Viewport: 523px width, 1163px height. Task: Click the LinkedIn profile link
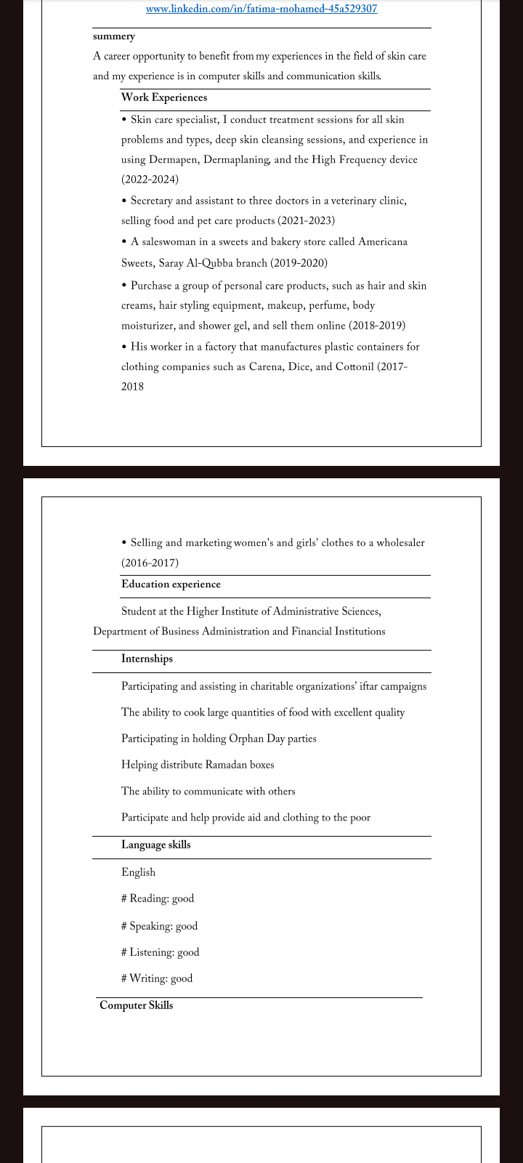click(261, 9)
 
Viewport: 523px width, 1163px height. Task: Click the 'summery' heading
click(114, 36)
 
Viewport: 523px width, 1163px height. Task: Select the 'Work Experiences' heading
click(164, 97)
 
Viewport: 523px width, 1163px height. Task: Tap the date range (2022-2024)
click(150, 180)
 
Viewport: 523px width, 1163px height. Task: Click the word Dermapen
click(172, 160)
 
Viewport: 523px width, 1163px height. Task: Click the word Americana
click(383, 242)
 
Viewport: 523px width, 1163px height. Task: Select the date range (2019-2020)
click(299, 263)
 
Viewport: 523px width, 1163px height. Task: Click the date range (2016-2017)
click(150, 563)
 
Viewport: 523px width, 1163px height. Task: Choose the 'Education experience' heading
click(171, 584)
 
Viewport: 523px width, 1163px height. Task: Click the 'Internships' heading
click(147, 659)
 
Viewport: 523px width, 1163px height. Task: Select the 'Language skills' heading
click(155, 845)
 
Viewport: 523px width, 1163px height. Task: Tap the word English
click(138, 872)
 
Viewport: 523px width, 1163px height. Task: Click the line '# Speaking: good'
click(159, 926)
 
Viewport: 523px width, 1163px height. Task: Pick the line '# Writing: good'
click(157, 978)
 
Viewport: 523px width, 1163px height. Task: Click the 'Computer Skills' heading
click(136, 1006)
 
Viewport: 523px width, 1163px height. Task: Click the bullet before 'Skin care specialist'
click(125, 119)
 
